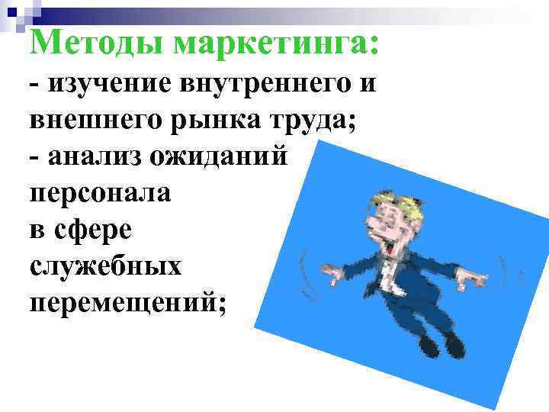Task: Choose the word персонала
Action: coord(101,193)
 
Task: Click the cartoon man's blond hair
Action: coord(397,202)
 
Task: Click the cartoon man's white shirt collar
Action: coord(384,266)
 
